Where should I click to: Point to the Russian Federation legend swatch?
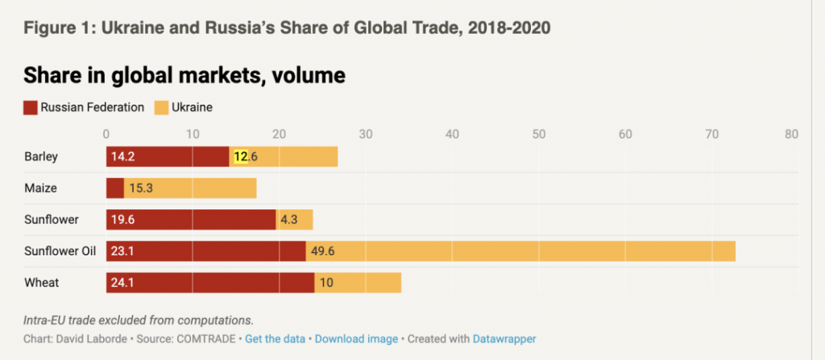(x=31, y=106)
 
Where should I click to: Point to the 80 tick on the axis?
(x=791, y=134)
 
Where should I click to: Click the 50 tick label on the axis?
(x=539, y=134)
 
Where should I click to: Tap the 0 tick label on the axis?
(x=106, y=134)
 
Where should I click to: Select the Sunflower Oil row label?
(x=60, y=251)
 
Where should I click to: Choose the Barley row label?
(x=41, y=157)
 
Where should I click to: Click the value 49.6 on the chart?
(x=323, y=251)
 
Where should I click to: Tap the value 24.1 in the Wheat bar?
(x=123, y=283)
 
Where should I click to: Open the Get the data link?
(x=275, y=339)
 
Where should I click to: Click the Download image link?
(x=356, y=339)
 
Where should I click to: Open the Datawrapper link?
(x=504, y=339)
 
